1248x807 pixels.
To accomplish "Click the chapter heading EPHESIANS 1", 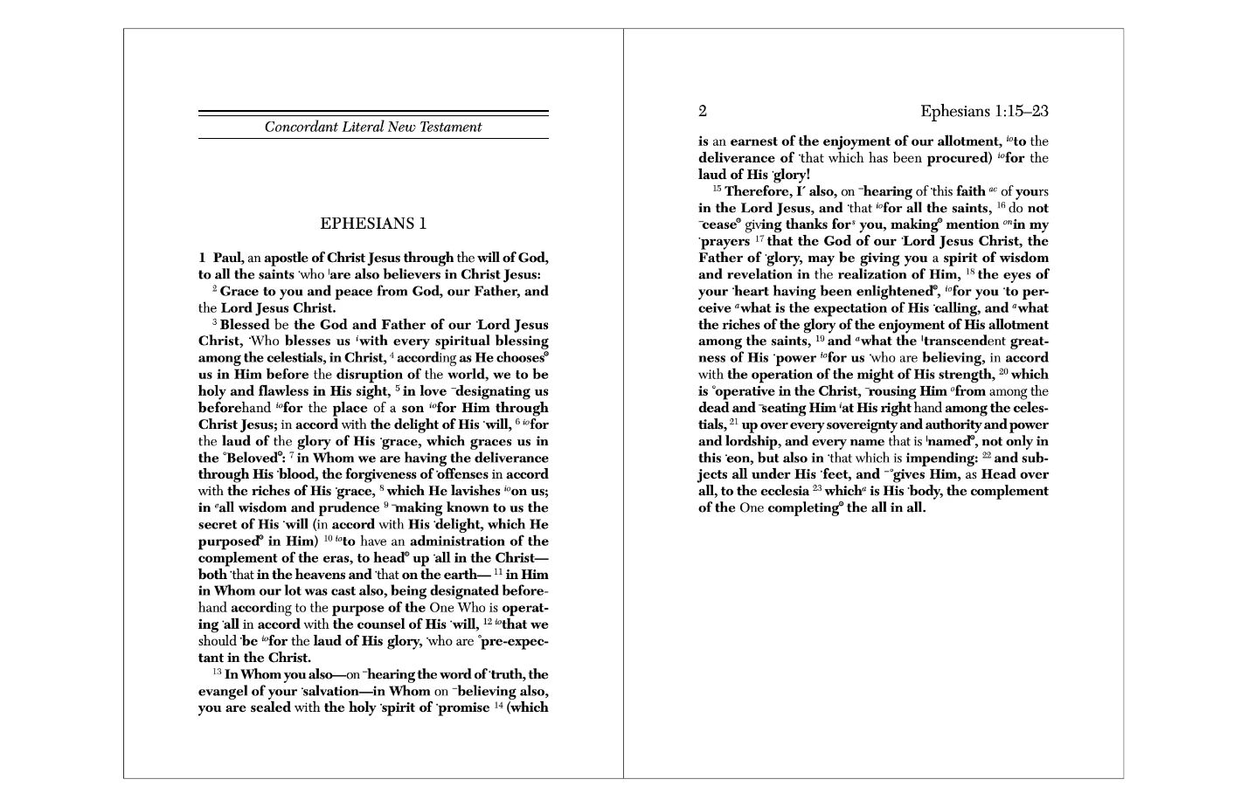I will click(x=373, y=224).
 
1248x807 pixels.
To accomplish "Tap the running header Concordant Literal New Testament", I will click(x=373, y=127).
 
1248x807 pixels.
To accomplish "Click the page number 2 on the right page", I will click(x=703, y=111).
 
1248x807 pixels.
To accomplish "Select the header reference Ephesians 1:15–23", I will click(x=984, y=111).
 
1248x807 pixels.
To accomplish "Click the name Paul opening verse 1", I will click(x=228, y=258).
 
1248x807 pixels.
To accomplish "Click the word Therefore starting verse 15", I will click(x=758, y=191).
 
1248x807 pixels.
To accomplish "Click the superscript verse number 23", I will click(x=817, y=489).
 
